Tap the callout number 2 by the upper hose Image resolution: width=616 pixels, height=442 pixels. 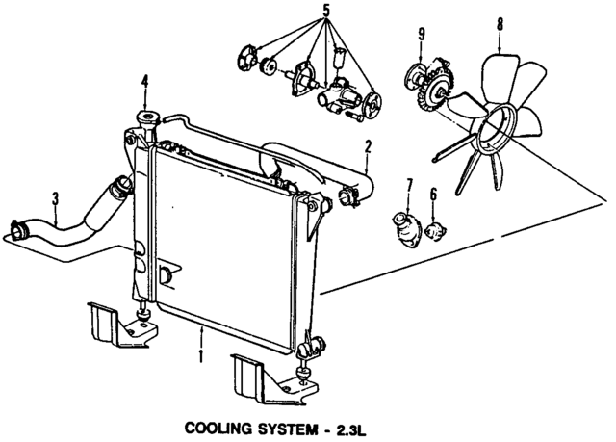pos(368,147)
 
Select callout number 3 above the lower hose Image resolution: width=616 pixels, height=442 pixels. pos(55,198)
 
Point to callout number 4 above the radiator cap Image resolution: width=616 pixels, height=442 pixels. pos(145,81)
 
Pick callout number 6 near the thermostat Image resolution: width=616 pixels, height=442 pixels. pos(433,195)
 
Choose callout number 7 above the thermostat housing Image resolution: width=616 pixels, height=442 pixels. pos(408,184)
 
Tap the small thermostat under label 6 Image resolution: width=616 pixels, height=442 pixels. pos(438,229)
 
